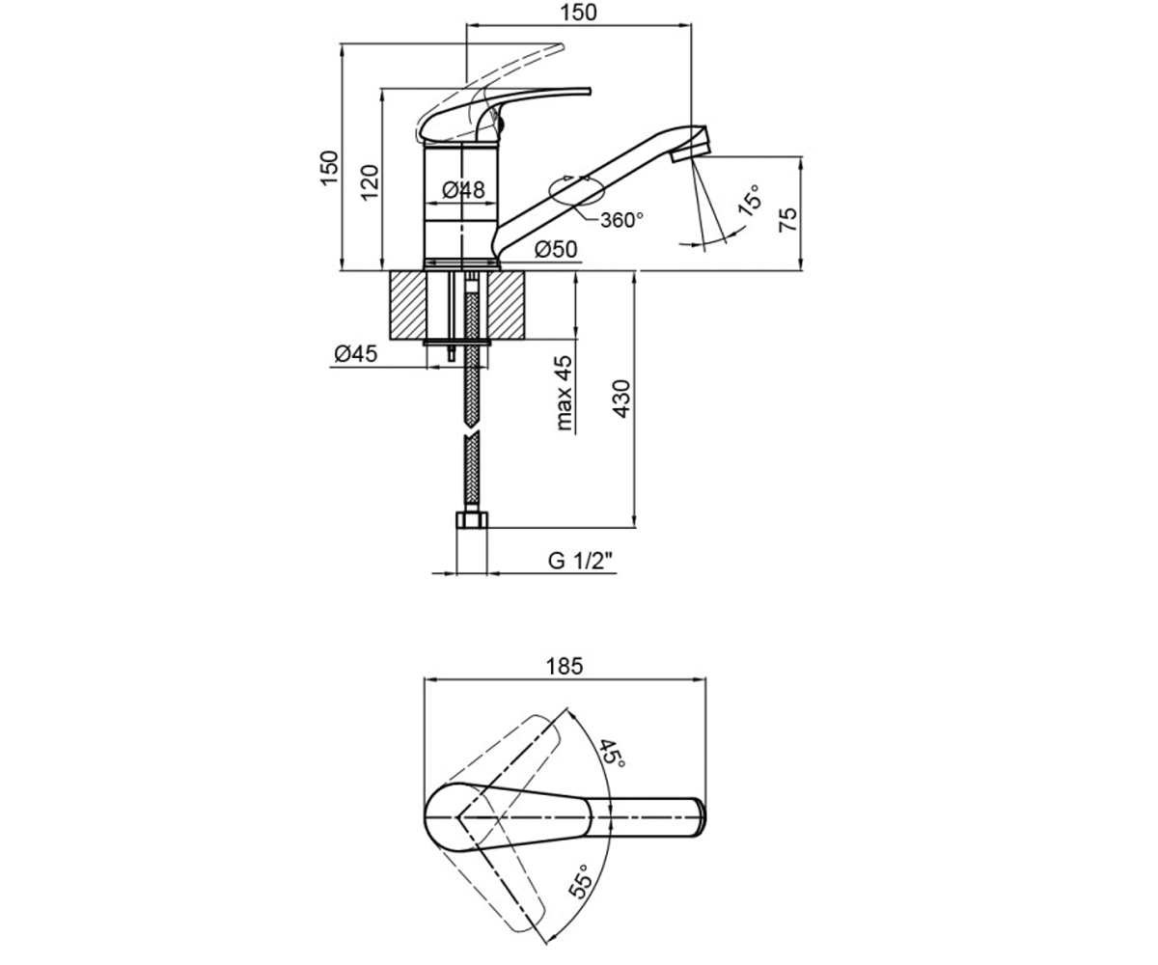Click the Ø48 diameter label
click(463, 190)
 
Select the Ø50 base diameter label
click(556, 249)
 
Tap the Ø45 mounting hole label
click(356, 353)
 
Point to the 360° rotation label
click(621, 220)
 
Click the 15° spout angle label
click(749, 200)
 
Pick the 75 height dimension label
click(788, 219)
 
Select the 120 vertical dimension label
click(370, 183)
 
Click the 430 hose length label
click(621, 399)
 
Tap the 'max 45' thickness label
click(564, 393)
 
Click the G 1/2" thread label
click(580, 561)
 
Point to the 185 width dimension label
click(565, 666)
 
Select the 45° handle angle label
click(612, 753)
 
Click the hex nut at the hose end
click(472, 520)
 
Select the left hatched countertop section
click(407, 305)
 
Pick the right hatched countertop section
click(507, 305)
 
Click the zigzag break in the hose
click(472, 432)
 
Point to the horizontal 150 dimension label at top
click(578, 13)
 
